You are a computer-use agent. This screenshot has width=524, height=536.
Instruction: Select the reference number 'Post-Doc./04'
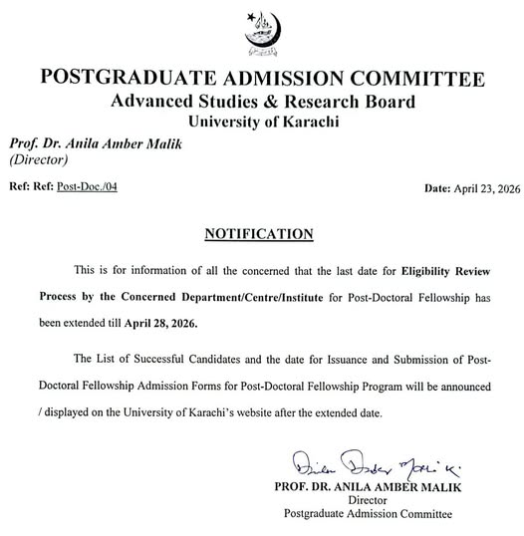[87, 186]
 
